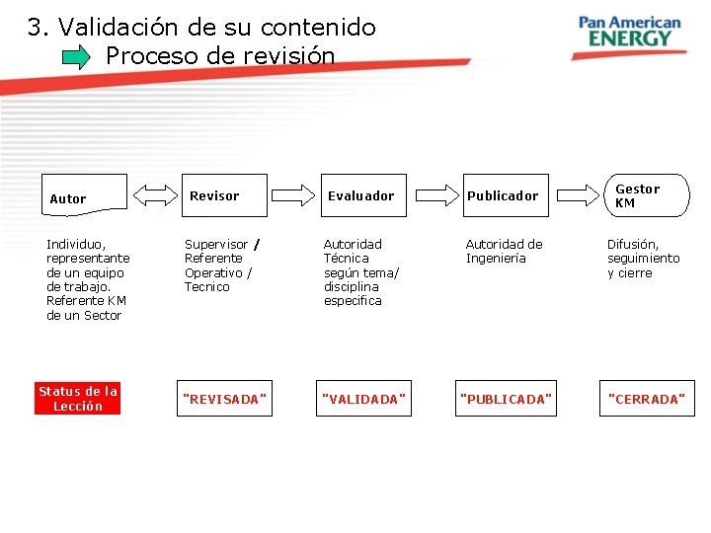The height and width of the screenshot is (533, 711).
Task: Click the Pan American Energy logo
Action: click(x=630, y=32)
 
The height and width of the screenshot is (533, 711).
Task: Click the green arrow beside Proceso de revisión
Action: click(x=76, y=57)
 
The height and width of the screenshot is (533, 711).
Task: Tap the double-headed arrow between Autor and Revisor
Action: click(x=153, y=194)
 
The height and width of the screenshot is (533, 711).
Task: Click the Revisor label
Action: click(x=214, y=195)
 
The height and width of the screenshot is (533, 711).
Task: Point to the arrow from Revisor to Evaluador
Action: click(x=292, y=194)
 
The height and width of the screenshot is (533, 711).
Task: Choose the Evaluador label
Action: click(x=360, y=195)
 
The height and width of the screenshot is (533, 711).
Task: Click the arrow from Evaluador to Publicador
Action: click(x=432, y=194)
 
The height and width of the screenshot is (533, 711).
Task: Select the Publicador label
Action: click(x=503, y=195)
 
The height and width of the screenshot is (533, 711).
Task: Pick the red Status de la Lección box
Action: click(x=78, y=399)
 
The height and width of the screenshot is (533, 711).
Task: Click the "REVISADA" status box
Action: click(x=224, y=399)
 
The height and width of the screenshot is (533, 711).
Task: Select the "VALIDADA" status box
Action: click(x=363, y=399)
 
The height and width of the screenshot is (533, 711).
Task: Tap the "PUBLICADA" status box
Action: click(x=506, y=399)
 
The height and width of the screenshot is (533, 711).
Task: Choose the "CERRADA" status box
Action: click(x=647, y=399)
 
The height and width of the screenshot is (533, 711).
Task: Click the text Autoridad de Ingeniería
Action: click(x=504, y=251)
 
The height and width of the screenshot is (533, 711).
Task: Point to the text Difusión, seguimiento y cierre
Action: click(x=643, y=258)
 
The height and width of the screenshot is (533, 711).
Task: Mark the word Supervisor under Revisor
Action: click(x=216, y=244)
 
